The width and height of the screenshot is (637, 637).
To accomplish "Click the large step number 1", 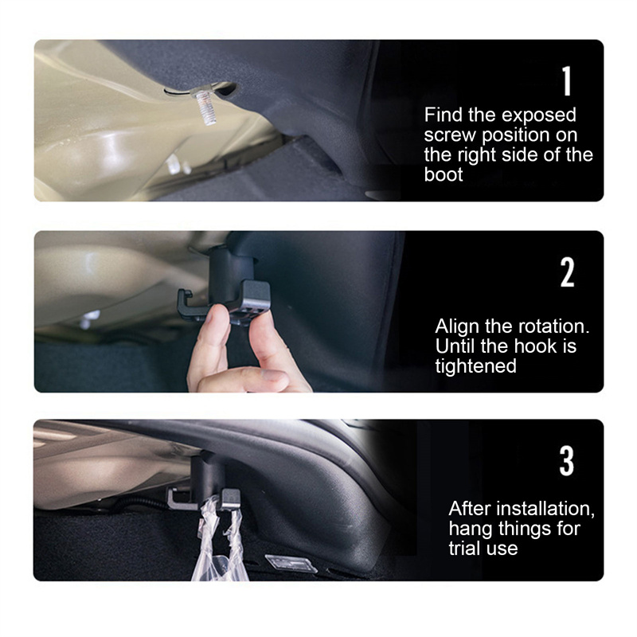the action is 567,81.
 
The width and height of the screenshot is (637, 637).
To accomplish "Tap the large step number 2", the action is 567,272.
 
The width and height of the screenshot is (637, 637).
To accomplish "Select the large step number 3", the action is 567,461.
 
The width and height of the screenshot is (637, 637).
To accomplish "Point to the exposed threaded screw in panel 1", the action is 202,107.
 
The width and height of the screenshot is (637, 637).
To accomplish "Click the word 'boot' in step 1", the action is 444,174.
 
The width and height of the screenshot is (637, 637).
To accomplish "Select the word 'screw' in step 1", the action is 450,135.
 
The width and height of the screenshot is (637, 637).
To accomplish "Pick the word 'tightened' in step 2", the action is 475,366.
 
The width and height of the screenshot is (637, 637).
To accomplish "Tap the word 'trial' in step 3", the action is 463,549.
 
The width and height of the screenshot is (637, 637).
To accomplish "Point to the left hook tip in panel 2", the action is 186,293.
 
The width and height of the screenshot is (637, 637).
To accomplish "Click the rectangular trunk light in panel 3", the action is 291,564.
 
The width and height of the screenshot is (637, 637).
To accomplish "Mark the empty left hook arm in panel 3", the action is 178,500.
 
